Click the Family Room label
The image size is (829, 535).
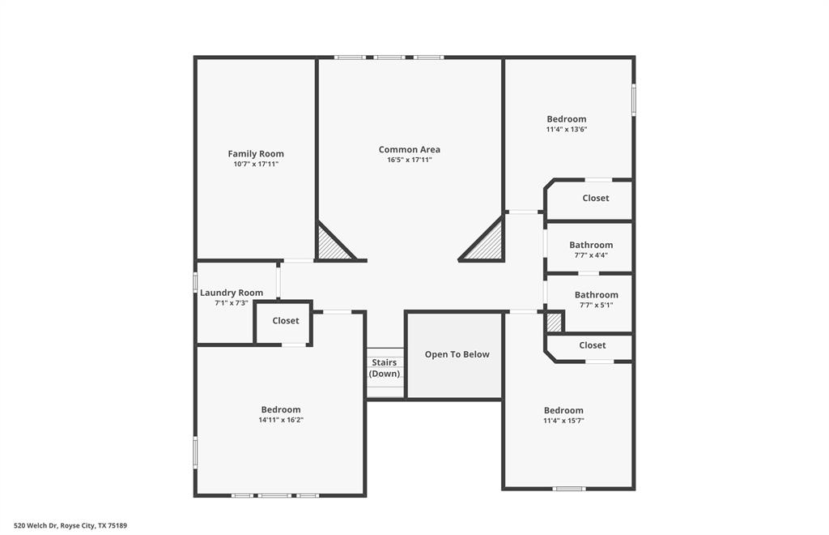[256, 154]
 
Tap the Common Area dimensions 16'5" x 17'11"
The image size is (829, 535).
[410, 160]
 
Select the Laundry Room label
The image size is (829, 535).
[232, 293]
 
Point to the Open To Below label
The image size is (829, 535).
[457, 354]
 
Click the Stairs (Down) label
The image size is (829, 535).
[385, 368]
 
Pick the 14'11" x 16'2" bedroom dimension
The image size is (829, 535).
[281, 421]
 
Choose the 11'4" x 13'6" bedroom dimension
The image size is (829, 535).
[567, 130]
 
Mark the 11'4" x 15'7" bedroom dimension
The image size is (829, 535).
[563, 421]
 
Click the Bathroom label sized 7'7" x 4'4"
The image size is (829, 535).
[591, 245]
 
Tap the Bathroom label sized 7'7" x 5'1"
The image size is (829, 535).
[597, 295]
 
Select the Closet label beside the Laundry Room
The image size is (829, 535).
[286, 321]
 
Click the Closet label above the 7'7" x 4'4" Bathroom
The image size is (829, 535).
[596, 198]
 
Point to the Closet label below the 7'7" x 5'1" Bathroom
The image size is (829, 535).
[593, 345]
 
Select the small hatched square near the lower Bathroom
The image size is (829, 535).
[555, 323]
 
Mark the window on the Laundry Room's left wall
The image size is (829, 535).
[195, 282]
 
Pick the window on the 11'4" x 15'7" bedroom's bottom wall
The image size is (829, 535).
[569, 489]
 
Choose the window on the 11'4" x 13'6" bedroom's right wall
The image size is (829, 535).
[634, 101]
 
